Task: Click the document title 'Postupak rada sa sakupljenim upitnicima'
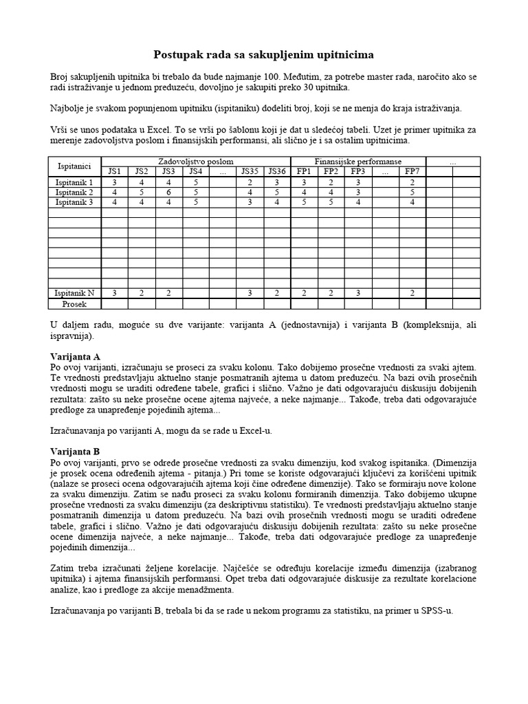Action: (x=263, y=54)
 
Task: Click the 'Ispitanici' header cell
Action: (x=75, y=166)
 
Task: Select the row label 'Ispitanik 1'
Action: (x=75, y=182)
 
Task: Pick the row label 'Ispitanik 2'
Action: (x=75, y=192)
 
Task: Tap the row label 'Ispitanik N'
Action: (x=75, y=293)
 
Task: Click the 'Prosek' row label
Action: (x=75, y=302)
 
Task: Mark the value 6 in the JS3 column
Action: (x=168, y=192)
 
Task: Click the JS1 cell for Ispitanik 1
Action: (x=115, y=182)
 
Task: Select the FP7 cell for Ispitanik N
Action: (x=412, y=293)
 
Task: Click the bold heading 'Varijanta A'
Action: (x=76, y=357)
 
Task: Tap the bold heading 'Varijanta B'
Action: (x=76, y=451)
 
